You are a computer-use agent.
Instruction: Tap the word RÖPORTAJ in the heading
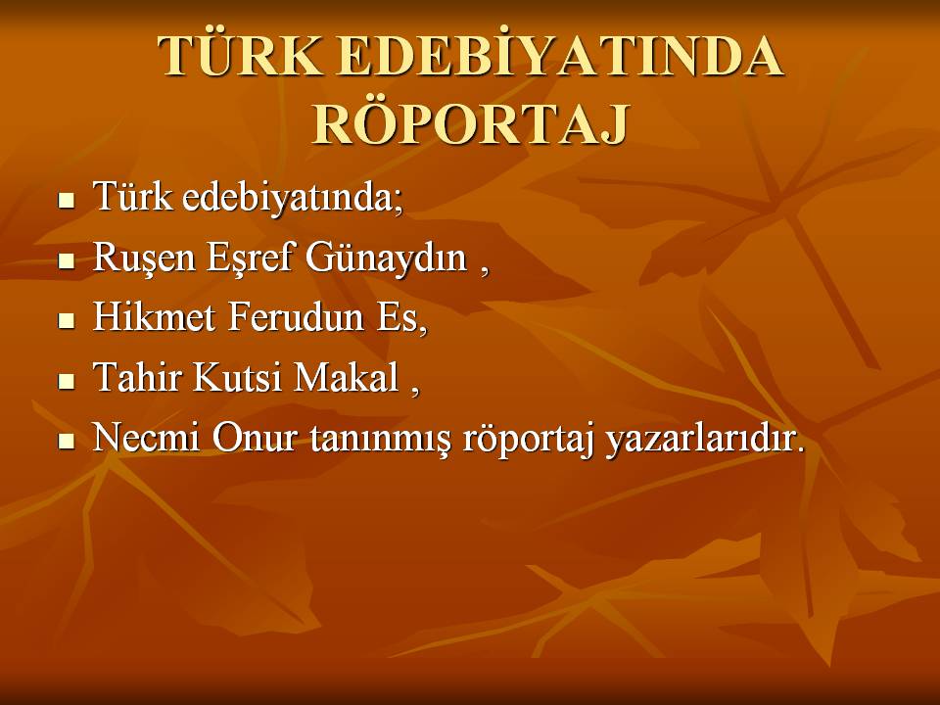pos(471,124)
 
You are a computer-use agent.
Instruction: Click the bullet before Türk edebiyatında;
pos(66,200)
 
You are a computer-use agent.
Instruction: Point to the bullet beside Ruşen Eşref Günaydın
pos(66,260)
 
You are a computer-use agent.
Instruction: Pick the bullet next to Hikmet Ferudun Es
pos(66,320)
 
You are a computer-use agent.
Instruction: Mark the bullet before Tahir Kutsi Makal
pos(66,381)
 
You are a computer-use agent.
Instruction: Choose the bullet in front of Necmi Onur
pos(66,442)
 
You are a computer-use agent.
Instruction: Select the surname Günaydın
pos(386,258)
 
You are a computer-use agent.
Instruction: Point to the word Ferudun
pos(296,316)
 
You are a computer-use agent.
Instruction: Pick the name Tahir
pos(137,376)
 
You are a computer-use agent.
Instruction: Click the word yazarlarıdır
pos(705,440)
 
